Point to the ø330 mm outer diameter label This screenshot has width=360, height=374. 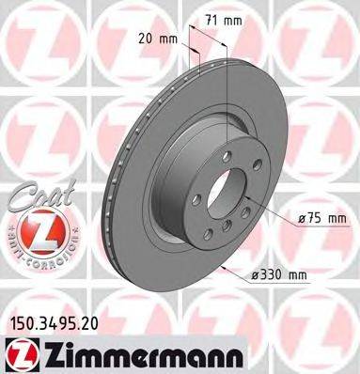[280, 276]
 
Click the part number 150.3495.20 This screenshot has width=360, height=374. [53, 322]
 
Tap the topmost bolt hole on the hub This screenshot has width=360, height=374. [213, 167]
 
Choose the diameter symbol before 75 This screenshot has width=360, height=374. [300, 219]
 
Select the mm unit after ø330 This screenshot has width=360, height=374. [298, 276]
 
